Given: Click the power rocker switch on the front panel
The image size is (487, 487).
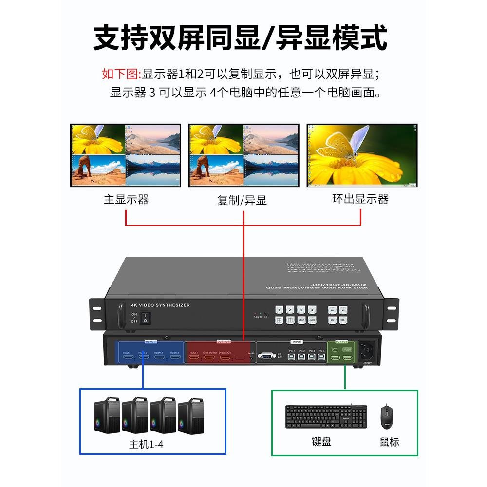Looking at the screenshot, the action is [145, 318].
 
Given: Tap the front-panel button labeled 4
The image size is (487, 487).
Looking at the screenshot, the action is [312, 309].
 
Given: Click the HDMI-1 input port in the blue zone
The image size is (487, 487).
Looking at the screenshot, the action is [128, 358].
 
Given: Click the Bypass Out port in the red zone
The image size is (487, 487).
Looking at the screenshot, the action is [225, 358].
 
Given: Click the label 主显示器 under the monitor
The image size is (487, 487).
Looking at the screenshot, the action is [126, 200].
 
